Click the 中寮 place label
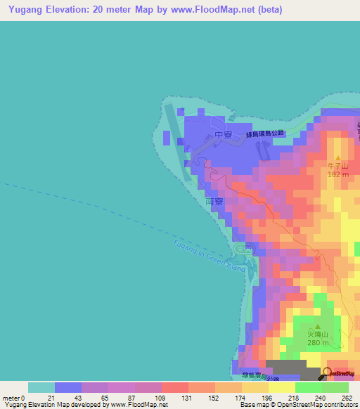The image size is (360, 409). tap(223, 134)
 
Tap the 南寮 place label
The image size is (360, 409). tap(214, 200)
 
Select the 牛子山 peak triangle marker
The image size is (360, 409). tap(338, 158)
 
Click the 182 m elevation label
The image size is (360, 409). tap(338, 174)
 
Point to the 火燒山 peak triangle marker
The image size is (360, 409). tap(318, 327)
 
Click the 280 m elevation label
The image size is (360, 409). tap(318, 343)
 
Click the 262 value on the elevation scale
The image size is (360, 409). tap(347, 398)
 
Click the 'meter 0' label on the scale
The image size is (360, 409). tap(13, 398)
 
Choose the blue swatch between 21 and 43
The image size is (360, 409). tap(68, 387)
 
